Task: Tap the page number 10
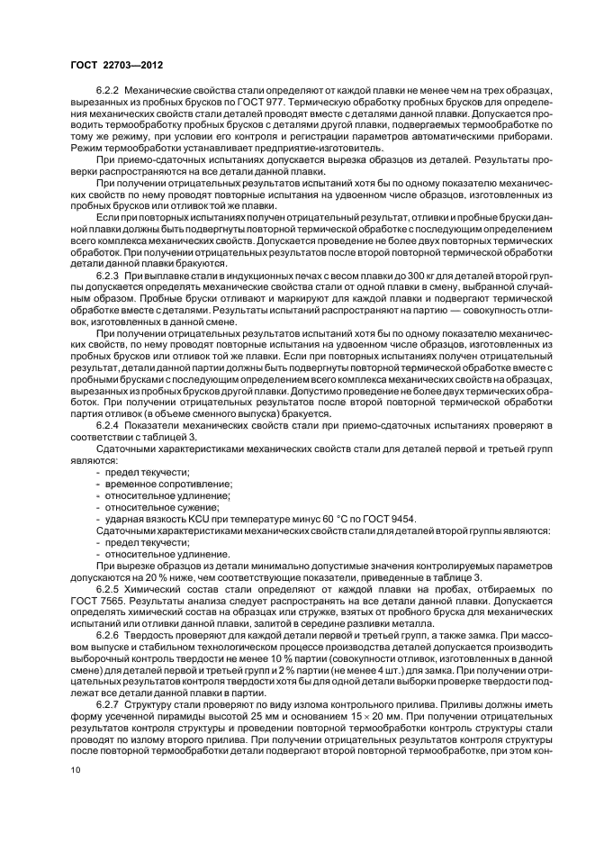point(76,770)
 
